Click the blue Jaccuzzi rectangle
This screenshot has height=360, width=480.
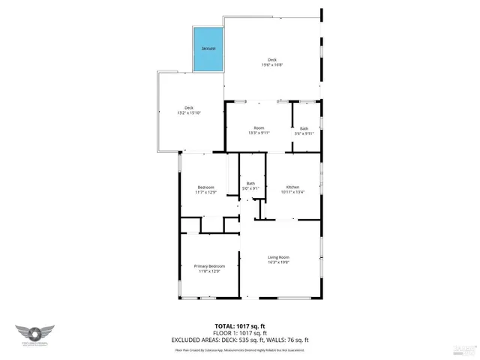pyautogui.click(x=208, y=50)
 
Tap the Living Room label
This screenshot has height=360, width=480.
pyautogui.click(x=278, y=257)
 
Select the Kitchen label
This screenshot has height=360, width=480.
pyautogui.click(x=292, y=187)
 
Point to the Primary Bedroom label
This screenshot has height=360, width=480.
pyautogui.click(x=209, y=266)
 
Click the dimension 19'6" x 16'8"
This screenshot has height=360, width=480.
pyautogui.click(x=272, y=65)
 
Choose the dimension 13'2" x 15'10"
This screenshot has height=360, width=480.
pyautogui.click(x=189, y=112)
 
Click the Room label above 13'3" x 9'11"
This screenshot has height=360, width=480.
pyautogui.click(x=259, y=127)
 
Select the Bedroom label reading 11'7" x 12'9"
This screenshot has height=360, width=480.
pyautogui.click(x=205, y=187)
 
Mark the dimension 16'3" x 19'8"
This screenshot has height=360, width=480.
pyautogui.click(x=278, y=262)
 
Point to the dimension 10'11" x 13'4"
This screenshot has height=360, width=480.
pyautogui.click(x=292, y=192)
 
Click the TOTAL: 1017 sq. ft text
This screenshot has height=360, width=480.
pyautogui.click(x=240, y=325)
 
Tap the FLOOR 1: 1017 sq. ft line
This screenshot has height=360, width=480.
pyautogui.click(x=240, y=332)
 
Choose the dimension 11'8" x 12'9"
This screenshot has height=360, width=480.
pyautogui.click(x=209, y=271)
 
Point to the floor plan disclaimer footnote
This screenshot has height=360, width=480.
pyautogui.click(x=240, y=349)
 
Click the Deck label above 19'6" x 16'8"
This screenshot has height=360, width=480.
pyautogui.click(x=272, y=60)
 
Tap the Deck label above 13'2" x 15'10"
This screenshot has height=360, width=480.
pyautogui.click(x=189, y=107)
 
